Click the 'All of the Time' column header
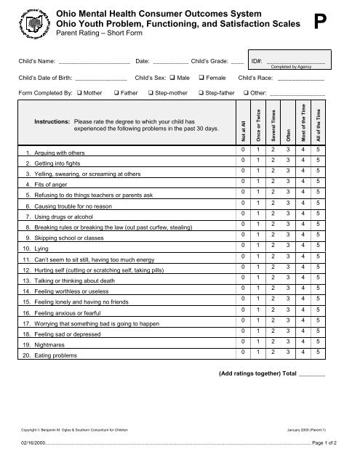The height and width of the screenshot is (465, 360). [x=318, y=116]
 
